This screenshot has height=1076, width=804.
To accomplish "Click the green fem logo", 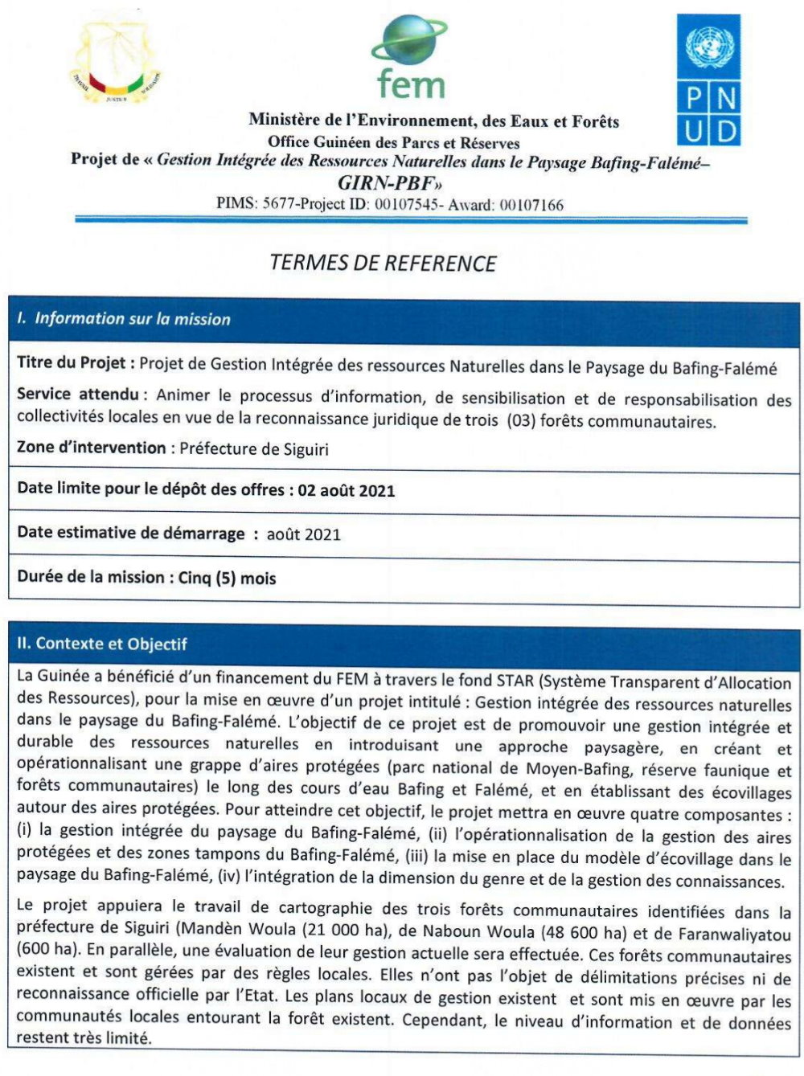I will (x=409, y=59).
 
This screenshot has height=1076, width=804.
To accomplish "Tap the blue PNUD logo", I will (x=708, y=80).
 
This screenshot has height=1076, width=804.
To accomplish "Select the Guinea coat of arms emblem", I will (x=116, y=63).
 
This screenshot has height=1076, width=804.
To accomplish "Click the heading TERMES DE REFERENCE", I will (x=383, y=264).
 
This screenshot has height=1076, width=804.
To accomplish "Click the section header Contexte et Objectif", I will (x=102, y=644).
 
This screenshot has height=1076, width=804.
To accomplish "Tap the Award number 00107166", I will (x=531, y=205).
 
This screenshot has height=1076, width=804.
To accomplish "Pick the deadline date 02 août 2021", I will (x=347, y=490).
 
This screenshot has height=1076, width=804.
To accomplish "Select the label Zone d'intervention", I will (x=92, y=448).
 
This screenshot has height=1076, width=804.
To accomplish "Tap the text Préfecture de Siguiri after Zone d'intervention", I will (x=254, y=448).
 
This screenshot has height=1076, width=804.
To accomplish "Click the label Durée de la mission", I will (x=91, y=577).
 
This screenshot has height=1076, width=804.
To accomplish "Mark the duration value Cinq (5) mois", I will (x=228, y=578).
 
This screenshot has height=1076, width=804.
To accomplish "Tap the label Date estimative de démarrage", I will (x=131, y=534).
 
